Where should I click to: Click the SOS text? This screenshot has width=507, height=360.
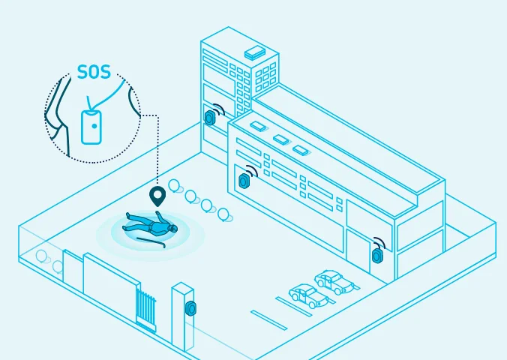click(x=94, y=73)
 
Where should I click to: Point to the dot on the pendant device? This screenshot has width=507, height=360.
click(x=93, y=127)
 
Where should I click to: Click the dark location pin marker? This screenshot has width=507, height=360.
click(x=157, y=197)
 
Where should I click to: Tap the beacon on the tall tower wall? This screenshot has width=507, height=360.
click(x=211, y=118)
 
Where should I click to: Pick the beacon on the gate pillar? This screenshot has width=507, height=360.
click(x=192, y=308)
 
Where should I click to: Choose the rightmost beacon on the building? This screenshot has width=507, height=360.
click(x=376, y=255)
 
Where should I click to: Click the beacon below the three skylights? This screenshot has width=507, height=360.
click(x=244, y=180)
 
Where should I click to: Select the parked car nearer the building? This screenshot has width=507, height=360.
click(x=334, y=282)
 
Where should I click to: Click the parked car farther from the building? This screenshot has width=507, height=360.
click(x=308, y=296)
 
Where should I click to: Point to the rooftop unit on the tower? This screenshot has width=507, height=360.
click(x=255, y=52)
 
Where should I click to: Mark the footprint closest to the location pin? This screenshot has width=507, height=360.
click(x=175, y=184)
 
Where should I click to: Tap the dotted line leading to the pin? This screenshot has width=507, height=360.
click(x=157, y=150)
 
